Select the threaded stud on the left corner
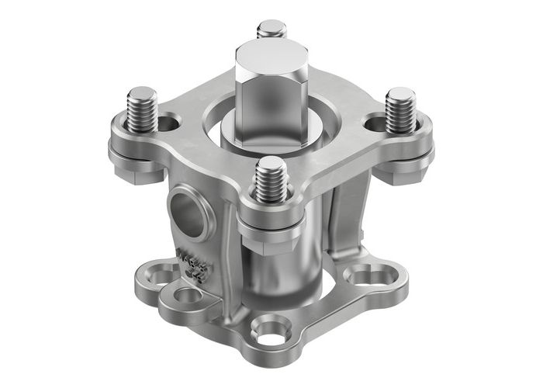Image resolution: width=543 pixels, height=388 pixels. point(143,106)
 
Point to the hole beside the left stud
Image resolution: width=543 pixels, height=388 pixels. point(169,122)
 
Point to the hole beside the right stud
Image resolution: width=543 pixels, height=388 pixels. point(375,122)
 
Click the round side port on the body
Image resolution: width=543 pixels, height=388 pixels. point(190,213)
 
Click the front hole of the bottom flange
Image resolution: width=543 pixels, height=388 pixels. point(271,332)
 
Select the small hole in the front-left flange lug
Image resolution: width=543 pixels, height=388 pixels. point(187,295)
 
